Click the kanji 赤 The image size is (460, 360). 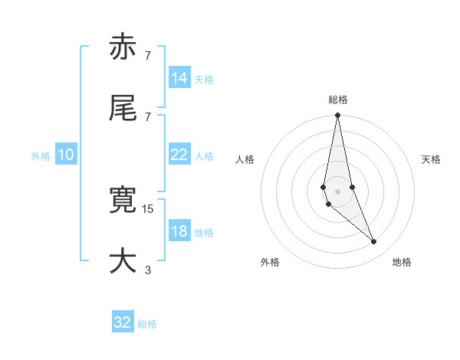point(123,47)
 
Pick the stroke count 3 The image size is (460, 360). point(148,269)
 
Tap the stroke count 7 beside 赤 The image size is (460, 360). point(148,55)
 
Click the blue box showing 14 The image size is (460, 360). point(179,78)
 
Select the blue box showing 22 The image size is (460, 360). point(179,155)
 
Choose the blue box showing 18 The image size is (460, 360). point(179,231)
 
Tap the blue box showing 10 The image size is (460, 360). point(66,155)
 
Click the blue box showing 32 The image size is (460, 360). point(123,322)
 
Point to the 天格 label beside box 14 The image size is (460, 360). point(204,79)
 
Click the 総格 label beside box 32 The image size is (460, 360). point(147,324)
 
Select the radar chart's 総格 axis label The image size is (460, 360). point(338,100)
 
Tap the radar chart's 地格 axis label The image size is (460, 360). point(402,262)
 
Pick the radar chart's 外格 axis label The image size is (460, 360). point(270,262)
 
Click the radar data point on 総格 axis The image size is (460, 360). point(337,116)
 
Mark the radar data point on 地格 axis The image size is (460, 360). point(374,242)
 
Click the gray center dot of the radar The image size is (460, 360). point(337,191)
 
